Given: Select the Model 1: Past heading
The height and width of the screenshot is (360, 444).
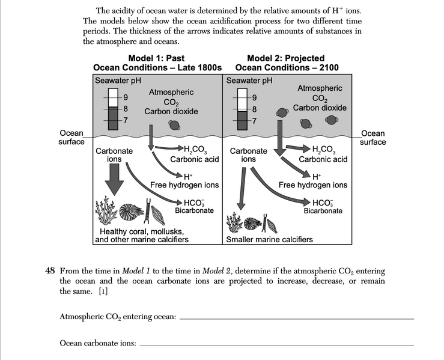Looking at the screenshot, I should (157, 58).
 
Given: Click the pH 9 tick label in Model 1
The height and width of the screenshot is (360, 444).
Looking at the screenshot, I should (125, 97).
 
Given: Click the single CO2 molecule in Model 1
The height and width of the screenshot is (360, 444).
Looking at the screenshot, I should (174, 125).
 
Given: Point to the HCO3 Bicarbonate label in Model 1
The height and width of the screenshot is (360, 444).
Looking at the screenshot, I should (194, 206).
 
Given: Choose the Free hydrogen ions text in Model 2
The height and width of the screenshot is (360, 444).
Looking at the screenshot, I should (312, 185).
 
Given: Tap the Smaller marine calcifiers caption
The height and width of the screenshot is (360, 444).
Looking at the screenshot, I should (269, 239).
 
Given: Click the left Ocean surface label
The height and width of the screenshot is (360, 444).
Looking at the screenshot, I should (71, 138).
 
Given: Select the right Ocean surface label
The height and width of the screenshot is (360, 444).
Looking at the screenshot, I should (373, 138).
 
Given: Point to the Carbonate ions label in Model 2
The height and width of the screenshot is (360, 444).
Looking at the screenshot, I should (248, 155).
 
